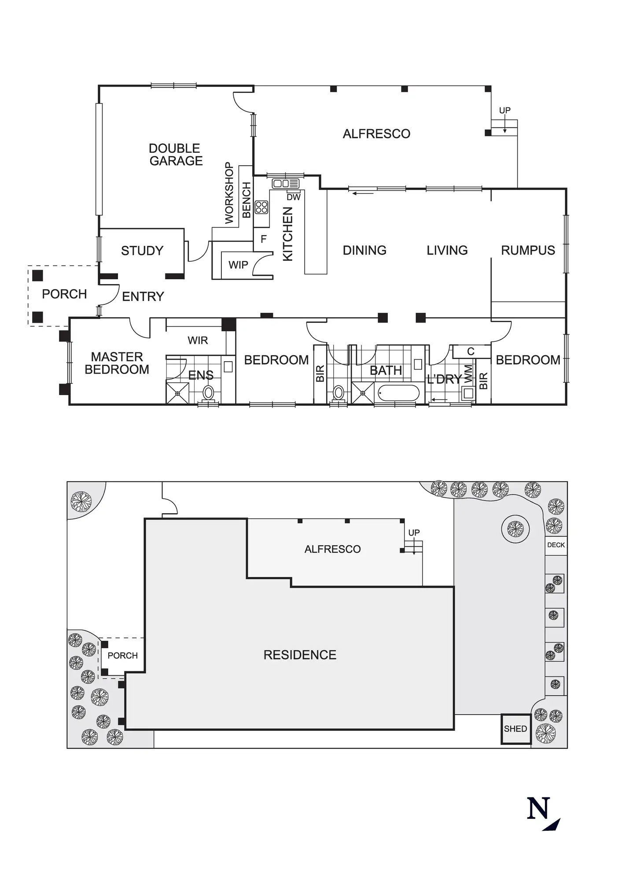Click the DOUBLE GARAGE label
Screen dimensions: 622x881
click(x=176, y=155)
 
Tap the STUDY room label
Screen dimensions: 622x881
click(x=142, y=251)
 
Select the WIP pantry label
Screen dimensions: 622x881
click(x=238, y=265)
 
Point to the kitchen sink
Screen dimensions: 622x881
click(x=285, y=183)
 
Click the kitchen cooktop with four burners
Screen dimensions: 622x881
click(x=261, y=207)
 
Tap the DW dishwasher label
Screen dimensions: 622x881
click(x=294, y=197)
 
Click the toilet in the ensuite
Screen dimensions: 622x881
click(x=208, y=392)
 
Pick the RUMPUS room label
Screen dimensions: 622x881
click(x=528, y=250)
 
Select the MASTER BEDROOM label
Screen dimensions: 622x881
click(x=117, y=363)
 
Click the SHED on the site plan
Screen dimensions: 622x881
click(x=515, y=729)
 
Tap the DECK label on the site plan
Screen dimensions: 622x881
click(x=556, y=545)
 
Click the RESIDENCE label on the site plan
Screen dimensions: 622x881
click(x=300, y=655)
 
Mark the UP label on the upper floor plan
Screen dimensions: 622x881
click(x=504, y=111)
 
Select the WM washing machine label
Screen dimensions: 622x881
click(x=468, y=373)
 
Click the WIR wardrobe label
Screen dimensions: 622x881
click(x=198, y=340)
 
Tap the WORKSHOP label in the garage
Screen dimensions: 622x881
click(x=229, y=193)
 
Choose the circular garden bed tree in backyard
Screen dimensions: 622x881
click(x=515, y=528)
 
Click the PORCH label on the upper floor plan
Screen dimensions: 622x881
click(x=64, y=294)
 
